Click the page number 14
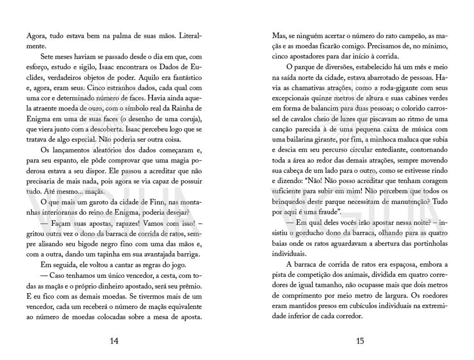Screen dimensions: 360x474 [x=114, y=341]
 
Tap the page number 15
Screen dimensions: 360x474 [x=360, y=341]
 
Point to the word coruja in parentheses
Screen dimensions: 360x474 [x=190, y=119]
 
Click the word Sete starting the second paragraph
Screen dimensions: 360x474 [x=47, y=57]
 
